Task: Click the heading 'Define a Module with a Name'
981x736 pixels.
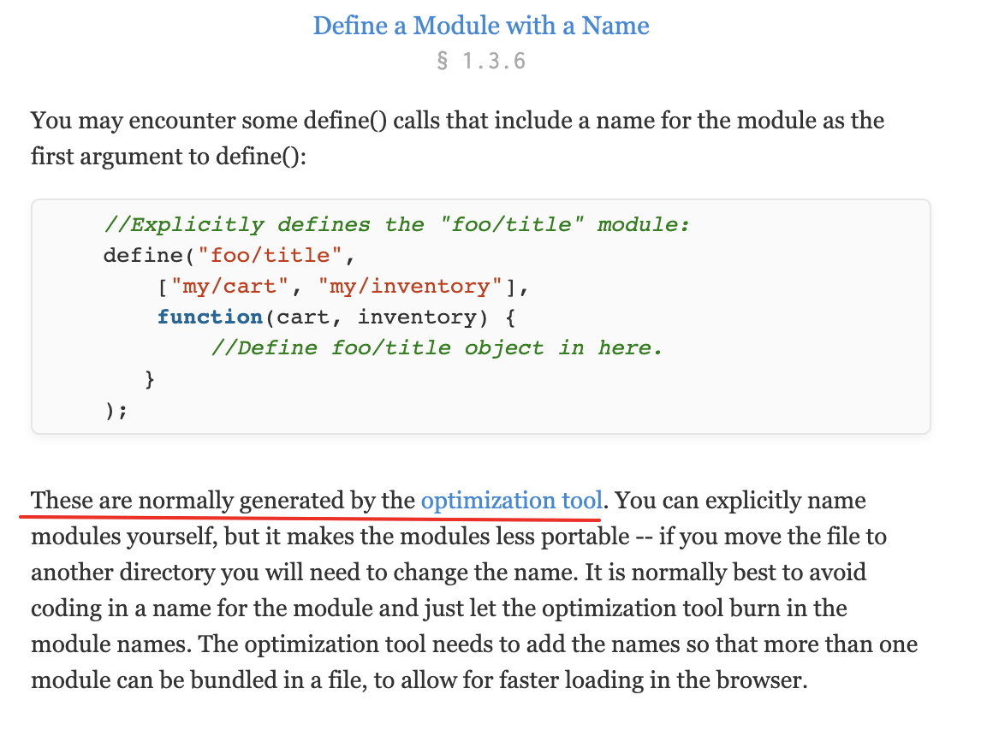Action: (481, 25)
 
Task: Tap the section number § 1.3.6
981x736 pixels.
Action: (481, 62)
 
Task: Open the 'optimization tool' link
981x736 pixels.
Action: (512, 501)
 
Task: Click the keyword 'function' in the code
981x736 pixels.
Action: (210, 318)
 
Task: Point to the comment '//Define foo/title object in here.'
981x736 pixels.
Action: (437, 348)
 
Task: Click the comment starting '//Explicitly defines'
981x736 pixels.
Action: (396, 225)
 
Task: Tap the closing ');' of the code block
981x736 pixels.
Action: (116, 410)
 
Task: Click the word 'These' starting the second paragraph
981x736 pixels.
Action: (62, 501)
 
